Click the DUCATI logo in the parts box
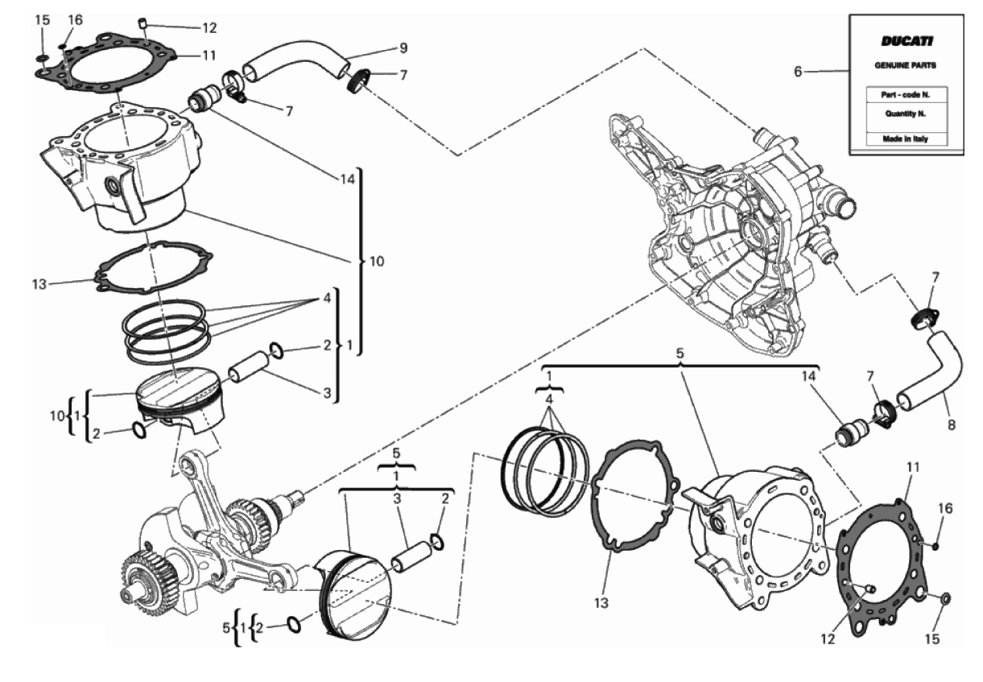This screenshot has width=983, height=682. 907,42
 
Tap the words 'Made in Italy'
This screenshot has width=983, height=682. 906,138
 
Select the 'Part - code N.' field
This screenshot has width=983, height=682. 907,95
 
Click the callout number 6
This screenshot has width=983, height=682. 799,71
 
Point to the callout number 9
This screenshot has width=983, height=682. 403,48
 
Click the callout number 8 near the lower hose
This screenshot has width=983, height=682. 952,425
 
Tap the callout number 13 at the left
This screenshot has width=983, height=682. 39,284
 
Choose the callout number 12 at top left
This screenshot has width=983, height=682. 209,28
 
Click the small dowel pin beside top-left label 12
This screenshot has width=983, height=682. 142,23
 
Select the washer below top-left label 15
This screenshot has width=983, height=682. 43,58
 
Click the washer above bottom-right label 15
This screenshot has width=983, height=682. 945,598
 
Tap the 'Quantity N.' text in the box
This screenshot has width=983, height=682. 906,114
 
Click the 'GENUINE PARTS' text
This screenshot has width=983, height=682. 906,65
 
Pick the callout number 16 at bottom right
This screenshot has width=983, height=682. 945,508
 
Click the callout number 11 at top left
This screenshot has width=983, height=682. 209,56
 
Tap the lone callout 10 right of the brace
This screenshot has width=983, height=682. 377,262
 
